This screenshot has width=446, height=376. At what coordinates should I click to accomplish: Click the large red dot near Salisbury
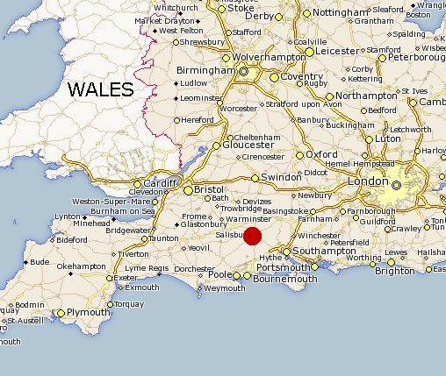coord(252,235)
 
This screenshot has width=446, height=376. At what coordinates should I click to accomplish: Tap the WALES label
coord(101,89)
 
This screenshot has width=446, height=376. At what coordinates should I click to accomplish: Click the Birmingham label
coord(203,70)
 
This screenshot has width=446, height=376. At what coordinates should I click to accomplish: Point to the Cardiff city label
coord(162,183)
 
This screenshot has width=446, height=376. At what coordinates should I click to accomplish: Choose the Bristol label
coord(209,188)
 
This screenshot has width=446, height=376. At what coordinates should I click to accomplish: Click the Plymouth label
coord(88,312)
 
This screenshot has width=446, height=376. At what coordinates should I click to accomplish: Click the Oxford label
coord(321,154)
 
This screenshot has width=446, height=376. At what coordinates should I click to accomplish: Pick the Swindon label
coord(281,176)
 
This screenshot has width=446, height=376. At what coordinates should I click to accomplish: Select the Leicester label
coord(335,50)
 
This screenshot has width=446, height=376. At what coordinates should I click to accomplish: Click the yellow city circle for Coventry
coord(274,77)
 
